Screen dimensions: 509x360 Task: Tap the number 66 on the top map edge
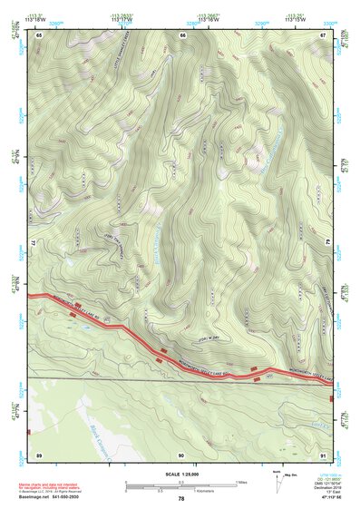[182, 34]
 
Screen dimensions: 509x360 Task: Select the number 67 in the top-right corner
[323, 34]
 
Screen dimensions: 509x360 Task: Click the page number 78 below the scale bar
[181, 498]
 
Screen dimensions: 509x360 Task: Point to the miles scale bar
[181, 483]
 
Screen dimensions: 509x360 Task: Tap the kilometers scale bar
[181, 489]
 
